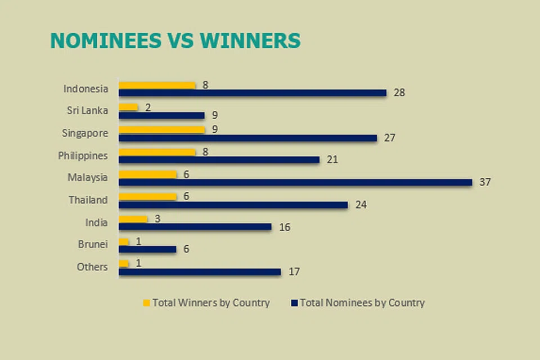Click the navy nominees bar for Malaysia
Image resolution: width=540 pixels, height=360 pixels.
click(295, 182)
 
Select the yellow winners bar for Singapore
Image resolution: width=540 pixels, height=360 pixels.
click(161, 130)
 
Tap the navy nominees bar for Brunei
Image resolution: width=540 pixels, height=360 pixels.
click(147, 249)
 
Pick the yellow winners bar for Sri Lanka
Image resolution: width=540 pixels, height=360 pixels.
click(128, 107)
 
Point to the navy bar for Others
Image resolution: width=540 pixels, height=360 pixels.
click(200, 272)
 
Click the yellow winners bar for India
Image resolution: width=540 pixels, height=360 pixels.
click(133, 219)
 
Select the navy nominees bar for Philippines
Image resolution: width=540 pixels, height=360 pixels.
click(219, 160)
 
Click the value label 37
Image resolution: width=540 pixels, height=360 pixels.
click(485, 182)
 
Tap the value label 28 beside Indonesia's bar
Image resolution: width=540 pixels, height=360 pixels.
click(399, 93)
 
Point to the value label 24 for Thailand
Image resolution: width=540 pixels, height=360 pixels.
click(361, 205)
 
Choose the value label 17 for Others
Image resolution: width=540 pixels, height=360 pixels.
click(294, 272)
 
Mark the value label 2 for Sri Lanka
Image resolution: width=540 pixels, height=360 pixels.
click(148, 107)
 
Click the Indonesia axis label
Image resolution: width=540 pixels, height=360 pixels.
click(85, 88)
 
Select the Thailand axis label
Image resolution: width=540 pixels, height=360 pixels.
click(88, 200)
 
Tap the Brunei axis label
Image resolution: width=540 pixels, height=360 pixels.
click(93, 244)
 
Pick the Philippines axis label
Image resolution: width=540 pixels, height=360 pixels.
click(83, 155)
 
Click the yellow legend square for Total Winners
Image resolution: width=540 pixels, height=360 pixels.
click(147, 303)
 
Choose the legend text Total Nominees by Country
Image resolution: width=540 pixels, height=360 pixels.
click(362, 303)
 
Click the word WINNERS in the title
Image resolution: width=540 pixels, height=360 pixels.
click(250, 41)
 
